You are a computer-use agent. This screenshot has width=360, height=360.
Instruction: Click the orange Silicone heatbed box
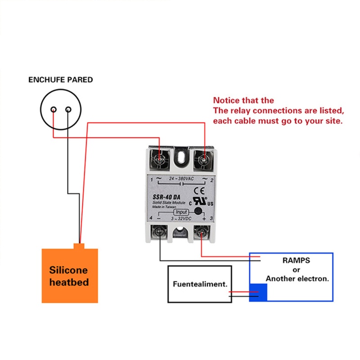(69, 275)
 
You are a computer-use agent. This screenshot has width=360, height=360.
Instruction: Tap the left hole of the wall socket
(54, 109)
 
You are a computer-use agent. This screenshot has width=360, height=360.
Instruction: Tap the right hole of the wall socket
(68, 109)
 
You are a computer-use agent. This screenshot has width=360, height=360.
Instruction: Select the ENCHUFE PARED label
(60, 80)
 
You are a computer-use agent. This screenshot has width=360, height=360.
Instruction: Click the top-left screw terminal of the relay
(160, 158)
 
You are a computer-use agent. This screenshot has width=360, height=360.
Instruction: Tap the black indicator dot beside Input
(197, 210)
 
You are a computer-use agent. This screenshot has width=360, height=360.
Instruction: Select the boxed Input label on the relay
(181, 212)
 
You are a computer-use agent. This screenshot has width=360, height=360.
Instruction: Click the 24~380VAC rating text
(181, 179)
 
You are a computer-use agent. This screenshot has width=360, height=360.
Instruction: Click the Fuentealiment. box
(199, 284)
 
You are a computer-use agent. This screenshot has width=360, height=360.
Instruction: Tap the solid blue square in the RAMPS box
(258, 292)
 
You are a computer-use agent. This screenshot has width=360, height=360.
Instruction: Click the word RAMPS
(296, 261)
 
